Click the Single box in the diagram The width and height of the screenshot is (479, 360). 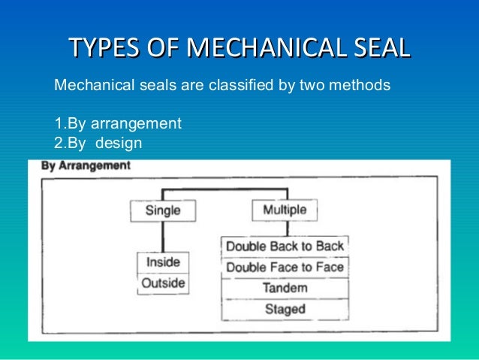pos(163,210)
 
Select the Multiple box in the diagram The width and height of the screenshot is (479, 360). pos(284,210)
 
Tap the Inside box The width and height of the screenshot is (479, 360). pos(163,263)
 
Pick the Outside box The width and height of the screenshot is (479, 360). pos(163,284)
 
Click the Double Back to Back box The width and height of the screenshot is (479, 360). pos(285,246)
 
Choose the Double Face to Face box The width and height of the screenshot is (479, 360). pos(285,267)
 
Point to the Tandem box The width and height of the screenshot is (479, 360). pos(285,288)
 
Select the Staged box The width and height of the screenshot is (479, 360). pos(285,309)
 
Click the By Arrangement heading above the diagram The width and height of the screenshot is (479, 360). pos(85,165)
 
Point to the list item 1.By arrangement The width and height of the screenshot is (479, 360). pos(118,123)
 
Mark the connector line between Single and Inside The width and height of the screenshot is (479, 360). pos(163,237)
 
